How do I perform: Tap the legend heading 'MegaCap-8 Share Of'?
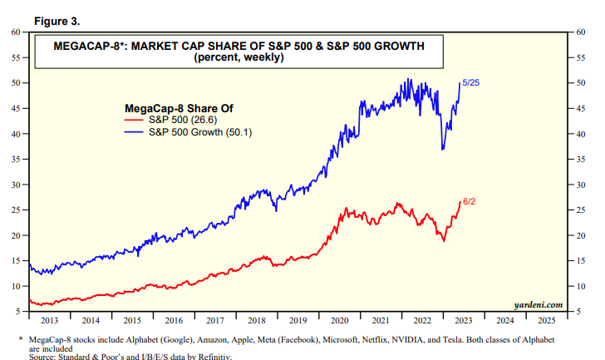(171, 108)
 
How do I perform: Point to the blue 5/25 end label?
(471, 81)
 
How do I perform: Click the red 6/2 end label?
(469, 201)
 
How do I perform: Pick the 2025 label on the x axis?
(547, 320)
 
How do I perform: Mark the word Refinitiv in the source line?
(211, 357)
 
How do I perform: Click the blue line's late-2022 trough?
(442, 150)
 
